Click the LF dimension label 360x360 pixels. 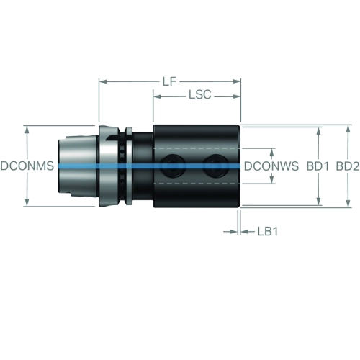169,81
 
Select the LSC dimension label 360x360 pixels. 200,94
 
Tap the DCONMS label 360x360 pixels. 27,166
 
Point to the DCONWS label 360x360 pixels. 271,166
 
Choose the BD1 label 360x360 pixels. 318,166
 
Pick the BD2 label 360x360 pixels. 348,166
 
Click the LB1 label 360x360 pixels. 268,232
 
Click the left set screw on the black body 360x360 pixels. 174,166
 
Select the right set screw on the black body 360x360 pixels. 215,166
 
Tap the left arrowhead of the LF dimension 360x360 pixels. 103,81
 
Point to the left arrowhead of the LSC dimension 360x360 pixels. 157,96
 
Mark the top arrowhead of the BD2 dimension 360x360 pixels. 348,129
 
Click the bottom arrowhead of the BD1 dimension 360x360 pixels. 319,202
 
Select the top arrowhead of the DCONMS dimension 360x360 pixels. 27,130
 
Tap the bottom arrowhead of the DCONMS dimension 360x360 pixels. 27,202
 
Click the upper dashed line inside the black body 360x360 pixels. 197,148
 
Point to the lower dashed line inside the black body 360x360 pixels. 197,184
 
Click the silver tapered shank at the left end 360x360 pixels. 78,166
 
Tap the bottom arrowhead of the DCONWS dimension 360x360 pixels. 271,180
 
